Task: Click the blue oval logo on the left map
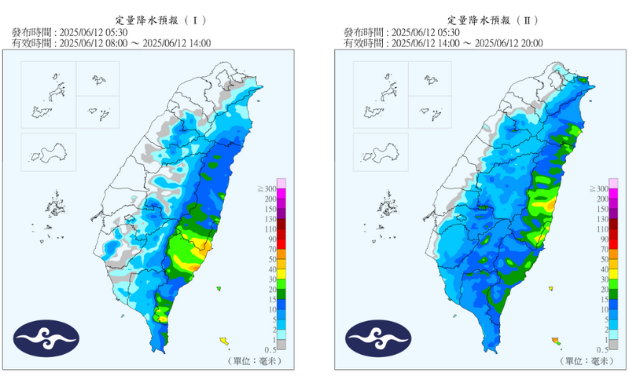(x=46, y=338)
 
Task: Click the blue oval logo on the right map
(x=378, y=338)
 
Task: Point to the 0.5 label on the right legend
(x=601, y=349)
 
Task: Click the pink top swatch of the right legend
(x=613, y=183)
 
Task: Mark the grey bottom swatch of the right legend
(x=613, y=344)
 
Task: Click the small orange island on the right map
(x=556, y=339)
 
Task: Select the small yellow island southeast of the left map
(x=224, y=340)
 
